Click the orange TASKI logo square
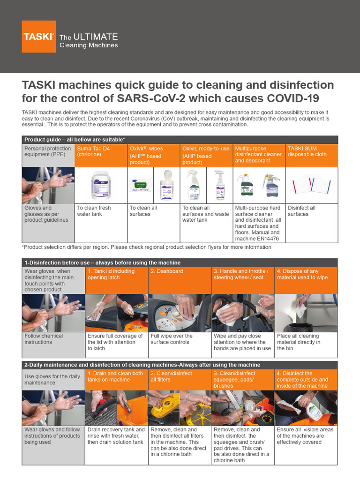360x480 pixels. (38, 37)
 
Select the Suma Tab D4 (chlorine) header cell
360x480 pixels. (101, 155)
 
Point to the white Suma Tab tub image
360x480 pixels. (101, 185)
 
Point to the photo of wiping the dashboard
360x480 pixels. (180, 313)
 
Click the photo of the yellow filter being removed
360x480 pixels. (180, 408)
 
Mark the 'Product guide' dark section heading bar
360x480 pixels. (180, 140)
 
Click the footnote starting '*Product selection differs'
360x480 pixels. (146, 247)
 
